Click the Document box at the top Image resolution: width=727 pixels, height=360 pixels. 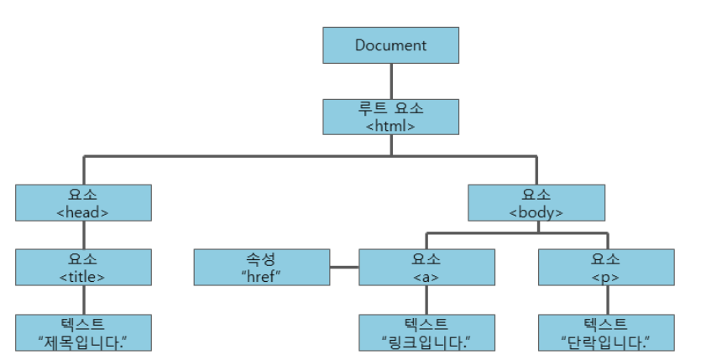(390, 45)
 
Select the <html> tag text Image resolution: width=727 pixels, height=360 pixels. (390, 126)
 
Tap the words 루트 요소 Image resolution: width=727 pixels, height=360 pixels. (390, 109)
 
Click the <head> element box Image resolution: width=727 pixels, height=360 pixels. (83, 202)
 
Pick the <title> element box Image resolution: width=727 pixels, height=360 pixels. (83, 267)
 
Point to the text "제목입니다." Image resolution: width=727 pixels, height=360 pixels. (83, 341)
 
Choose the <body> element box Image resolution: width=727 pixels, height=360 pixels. (536, 202)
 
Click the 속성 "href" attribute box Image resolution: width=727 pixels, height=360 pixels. (261, 267)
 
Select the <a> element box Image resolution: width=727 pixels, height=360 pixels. (426, 267)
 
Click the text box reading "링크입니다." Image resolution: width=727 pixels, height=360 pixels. (426, 332)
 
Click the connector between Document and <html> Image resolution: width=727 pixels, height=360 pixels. (391, 81)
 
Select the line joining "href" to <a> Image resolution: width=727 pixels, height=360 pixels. (344, 268)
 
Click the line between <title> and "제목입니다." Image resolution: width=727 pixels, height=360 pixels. (83, 300)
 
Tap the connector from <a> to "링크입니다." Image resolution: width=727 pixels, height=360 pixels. (426, 300)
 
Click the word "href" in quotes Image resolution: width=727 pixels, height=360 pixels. (261, 276)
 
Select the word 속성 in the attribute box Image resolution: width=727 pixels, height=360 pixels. (261, 258)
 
